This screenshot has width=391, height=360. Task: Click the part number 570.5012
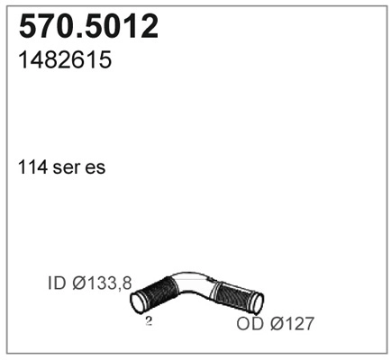(x=88, y=28)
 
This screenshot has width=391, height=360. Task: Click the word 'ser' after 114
(x=66, y=168)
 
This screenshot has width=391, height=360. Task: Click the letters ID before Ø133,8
(x=58, y=283)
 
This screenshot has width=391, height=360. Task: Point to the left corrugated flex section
(x=158, y=292)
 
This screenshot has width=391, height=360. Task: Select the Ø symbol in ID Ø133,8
(x=78, y=283)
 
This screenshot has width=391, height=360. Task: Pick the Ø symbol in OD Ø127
(x=274, y=323)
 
